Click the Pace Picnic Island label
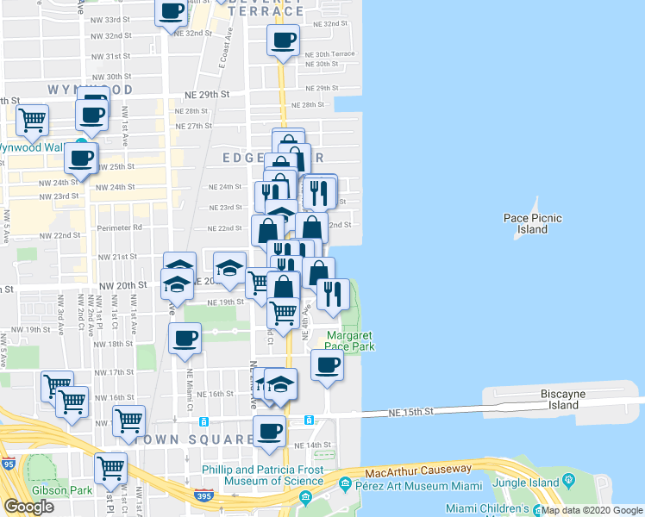[x=533, y=224]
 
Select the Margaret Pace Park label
[x=350, y=341]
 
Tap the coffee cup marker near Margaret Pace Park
[x=327, y=365]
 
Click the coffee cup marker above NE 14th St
[x=269, y=430]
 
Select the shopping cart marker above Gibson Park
[x=110, y=468]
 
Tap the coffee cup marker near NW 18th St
[x=185, y=339]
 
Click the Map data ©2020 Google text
[x=592, y=510]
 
